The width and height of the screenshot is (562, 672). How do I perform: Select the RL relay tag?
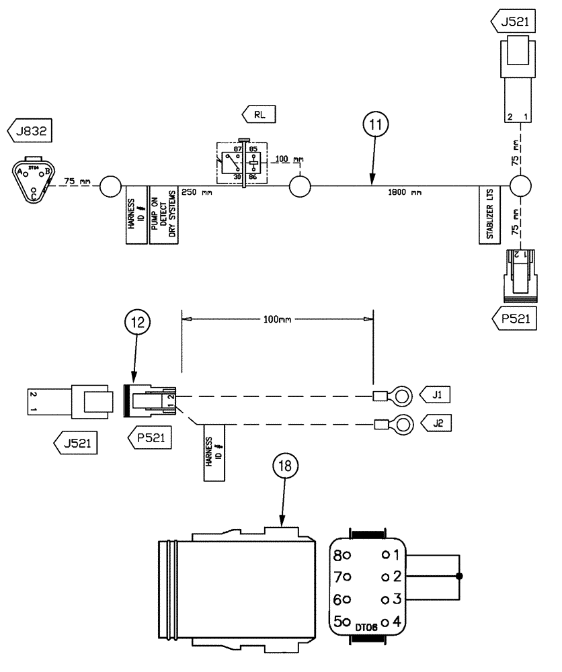260,114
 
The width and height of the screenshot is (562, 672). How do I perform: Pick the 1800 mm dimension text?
405,192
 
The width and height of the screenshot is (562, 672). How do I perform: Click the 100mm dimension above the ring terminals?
277,320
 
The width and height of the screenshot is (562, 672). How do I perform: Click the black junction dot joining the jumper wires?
459,577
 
